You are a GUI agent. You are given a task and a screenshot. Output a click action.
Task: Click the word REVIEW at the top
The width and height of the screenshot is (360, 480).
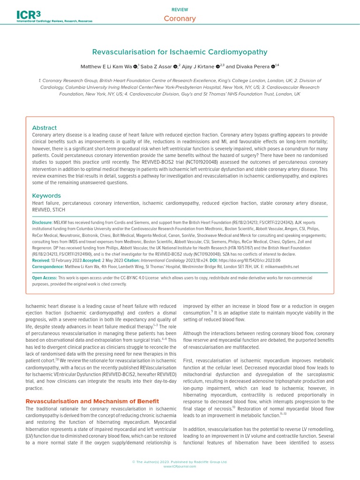point(180,9)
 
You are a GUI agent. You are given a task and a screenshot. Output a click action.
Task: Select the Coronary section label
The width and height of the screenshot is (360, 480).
point(180,19)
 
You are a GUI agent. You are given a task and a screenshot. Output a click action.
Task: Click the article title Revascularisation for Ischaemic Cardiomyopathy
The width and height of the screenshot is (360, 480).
point(180,52)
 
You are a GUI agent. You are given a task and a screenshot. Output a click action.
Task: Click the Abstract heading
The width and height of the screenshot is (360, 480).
point(44,127)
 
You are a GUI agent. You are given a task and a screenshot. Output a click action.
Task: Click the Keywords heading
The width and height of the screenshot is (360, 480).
point(46,195)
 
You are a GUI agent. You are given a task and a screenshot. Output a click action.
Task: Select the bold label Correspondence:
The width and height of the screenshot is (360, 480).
point(48,266)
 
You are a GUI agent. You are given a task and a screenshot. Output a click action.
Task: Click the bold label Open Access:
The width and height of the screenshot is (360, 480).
point(45,278)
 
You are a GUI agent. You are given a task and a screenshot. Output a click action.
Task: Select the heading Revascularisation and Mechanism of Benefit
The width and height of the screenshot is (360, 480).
point(92,401)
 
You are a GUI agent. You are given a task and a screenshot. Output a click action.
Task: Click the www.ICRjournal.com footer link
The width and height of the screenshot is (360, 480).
point(180,466)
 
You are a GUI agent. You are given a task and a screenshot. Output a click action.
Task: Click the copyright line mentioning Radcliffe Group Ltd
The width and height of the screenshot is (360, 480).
point(180,462)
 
